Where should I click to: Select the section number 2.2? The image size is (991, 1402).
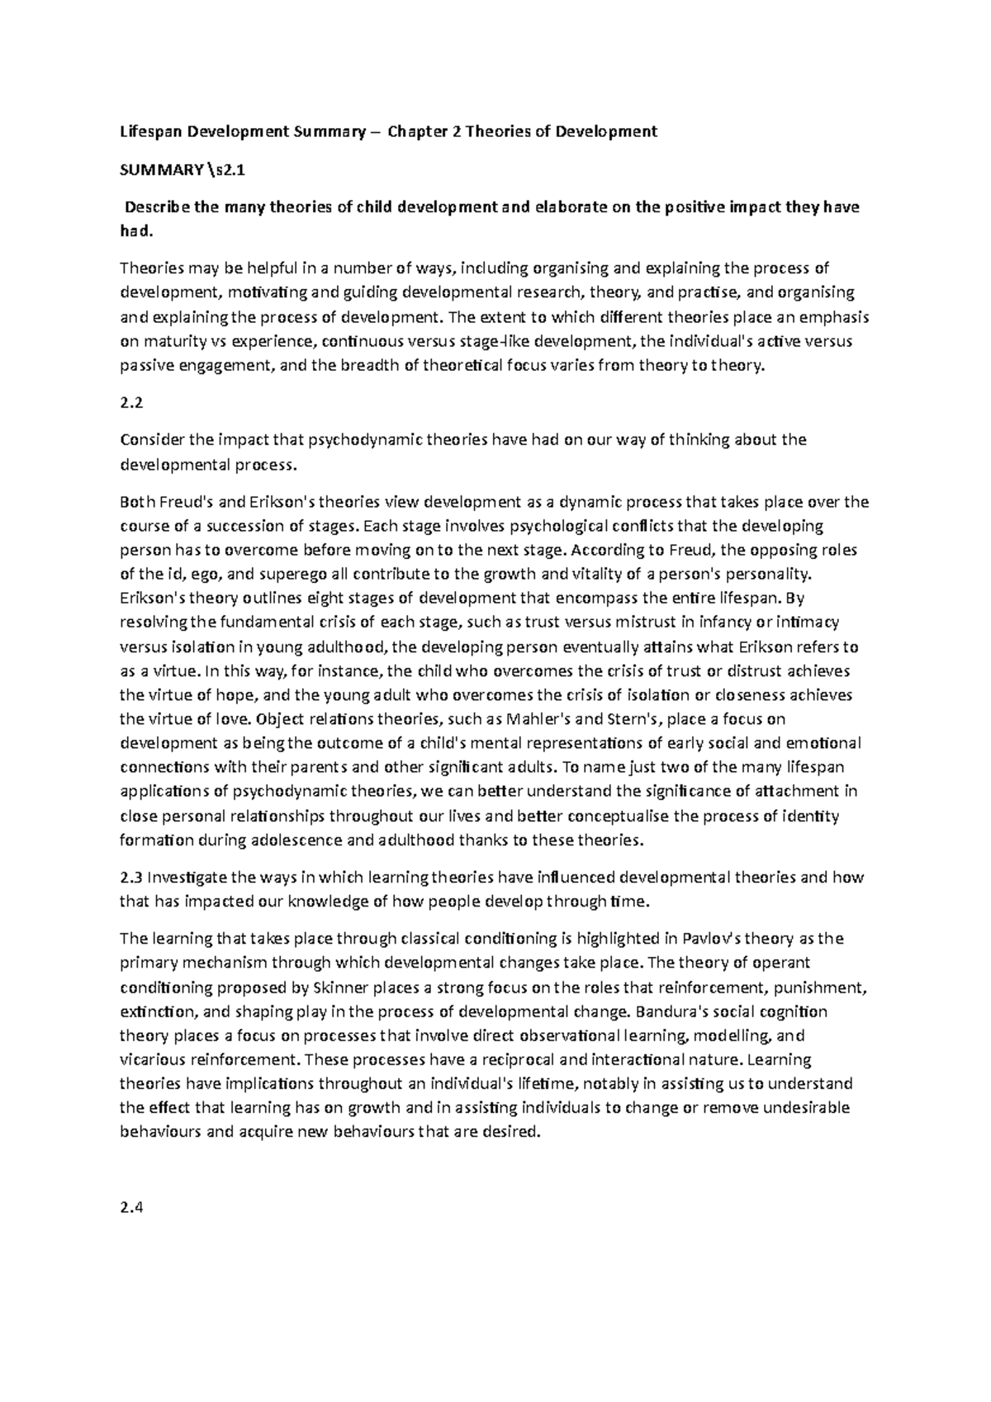point(131,403)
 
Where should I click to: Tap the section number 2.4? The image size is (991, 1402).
point(131,1209)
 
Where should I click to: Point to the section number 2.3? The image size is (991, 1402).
point(131,877)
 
